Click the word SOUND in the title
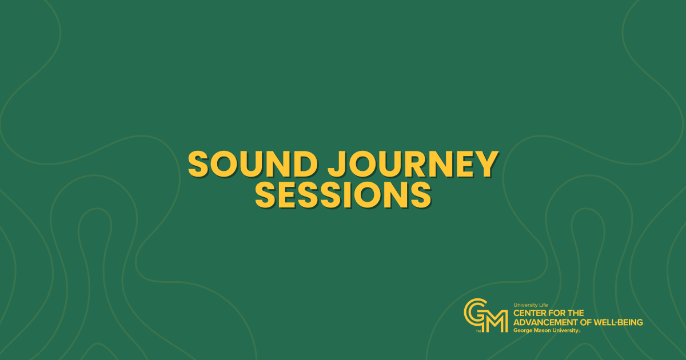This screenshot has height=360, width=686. (x=253, y=164)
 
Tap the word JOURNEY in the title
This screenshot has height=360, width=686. (x=413, y=164)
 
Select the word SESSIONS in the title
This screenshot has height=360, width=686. (x=344, y=195)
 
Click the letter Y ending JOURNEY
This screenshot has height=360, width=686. (x=487, y=164)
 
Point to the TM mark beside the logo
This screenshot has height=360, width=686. (x=478, y=331)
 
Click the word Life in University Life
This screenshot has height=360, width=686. (x=543, y=305)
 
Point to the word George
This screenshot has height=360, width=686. (x=523, y=331)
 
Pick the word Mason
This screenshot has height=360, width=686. (x=541, y=331)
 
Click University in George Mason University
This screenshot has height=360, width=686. (x=564, y=331)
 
